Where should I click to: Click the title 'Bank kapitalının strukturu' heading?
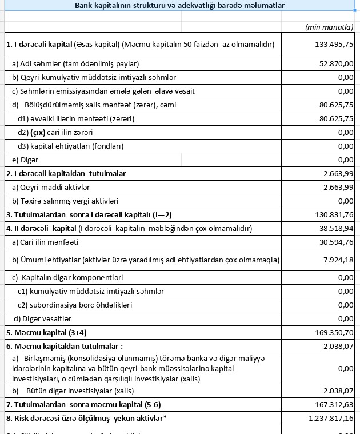(180, 6)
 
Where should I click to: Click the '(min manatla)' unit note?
(330, 27)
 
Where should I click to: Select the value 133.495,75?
(334, 45)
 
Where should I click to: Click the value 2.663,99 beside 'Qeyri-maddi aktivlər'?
(338, 187)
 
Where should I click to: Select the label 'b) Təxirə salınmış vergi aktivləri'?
(65, 201)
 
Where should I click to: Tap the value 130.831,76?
(334, 215)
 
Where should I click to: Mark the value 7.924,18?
(339, 260)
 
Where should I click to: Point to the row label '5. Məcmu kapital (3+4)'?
(46, 332)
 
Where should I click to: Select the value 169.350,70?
(334, 332)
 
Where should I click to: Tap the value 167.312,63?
(334, 405)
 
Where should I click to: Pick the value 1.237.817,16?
(331, 419)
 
